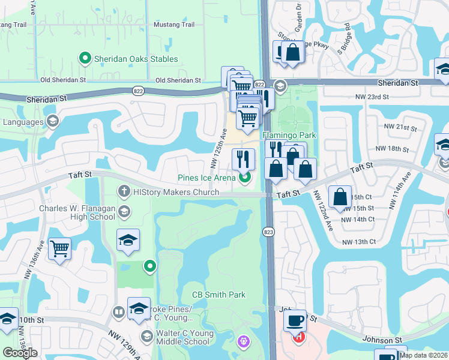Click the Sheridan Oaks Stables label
[136, 59]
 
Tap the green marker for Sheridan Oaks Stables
[85, 59]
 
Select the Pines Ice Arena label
[206, 177]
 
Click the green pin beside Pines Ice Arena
[244, 177]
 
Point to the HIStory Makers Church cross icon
[124, 191]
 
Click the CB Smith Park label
[218, 295]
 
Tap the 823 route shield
[268, 232]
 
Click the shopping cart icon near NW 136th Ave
[59, 248]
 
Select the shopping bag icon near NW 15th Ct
[340, 196]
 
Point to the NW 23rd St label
[372, 97]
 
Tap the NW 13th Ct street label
[359, 242]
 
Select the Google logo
[20, 353]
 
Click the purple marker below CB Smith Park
[244, 342]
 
